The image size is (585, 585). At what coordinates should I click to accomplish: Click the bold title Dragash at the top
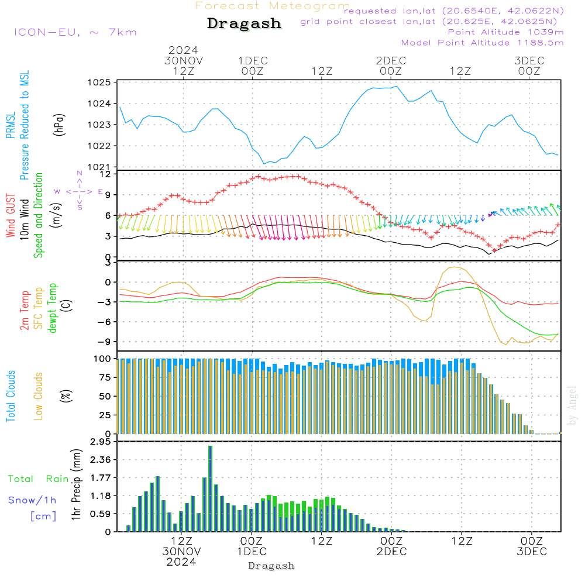point(244,24)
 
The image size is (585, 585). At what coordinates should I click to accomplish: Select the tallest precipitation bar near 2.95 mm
point(210,488)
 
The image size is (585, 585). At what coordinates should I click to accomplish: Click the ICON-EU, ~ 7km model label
point(75,32)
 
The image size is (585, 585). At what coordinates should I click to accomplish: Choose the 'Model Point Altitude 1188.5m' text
point(482,43)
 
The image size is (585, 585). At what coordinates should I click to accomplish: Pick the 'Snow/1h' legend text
point(33,500)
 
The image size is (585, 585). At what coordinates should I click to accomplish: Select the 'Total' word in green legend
point(20,479)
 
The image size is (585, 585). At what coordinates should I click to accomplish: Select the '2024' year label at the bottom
point(181,562)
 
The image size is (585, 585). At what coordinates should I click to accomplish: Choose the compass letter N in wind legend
point(80,174)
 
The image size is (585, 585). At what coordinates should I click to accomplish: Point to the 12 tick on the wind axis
point(105,174)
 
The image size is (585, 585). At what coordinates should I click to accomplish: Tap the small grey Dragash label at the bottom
point(271,566)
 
